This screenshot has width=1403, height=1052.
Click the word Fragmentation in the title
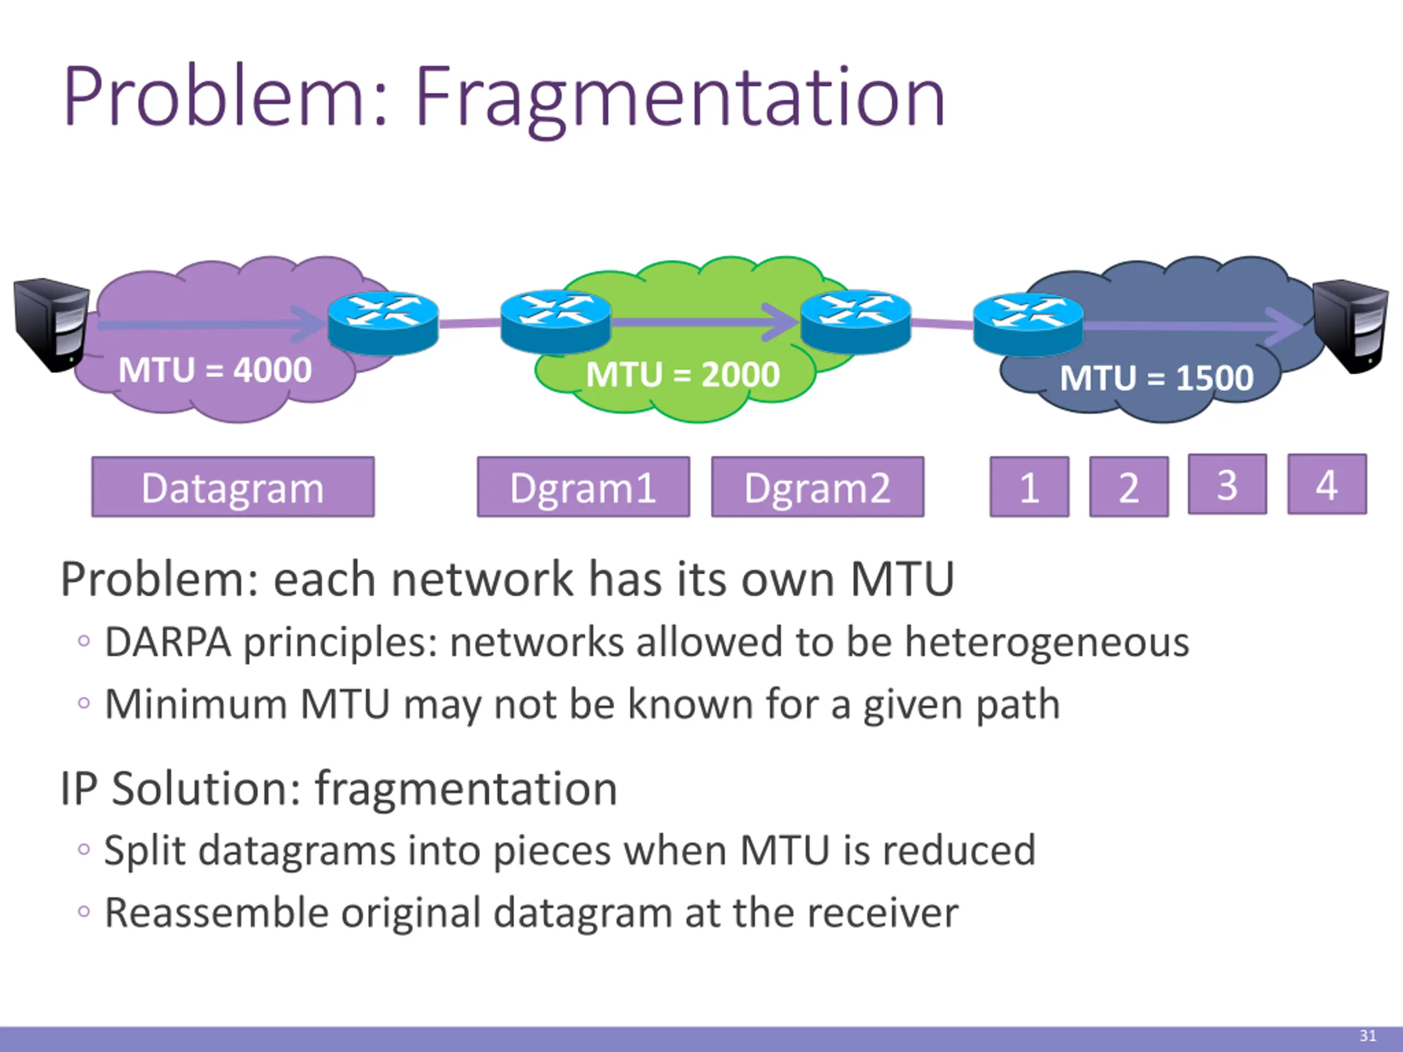click(680, 98)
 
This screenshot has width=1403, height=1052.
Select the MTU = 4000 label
click(215, 370)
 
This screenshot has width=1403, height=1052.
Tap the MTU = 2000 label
click(682, 374)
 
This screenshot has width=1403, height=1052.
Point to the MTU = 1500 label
click(1156, 378)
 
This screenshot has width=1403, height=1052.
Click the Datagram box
click(233, 487)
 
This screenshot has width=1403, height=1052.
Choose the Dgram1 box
click(583, 487)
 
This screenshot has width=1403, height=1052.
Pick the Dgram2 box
click(817, 487)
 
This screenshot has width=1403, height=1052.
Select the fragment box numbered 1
click(1029, 487)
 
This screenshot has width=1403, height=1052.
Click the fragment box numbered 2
click(1128, 487)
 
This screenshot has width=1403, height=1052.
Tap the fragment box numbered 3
click(1227, 484)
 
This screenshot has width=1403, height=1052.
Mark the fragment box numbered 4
click(1326, 484)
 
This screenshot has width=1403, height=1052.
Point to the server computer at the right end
click(1350, 326)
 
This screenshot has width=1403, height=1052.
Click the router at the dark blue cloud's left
click(1028, 325)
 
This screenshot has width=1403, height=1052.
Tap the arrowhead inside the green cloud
click(782, 322)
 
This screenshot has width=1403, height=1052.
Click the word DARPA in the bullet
click(168, 642)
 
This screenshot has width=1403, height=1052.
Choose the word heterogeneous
click(1047, 642)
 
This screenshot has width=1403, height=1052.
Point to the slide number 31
click(1367, 1036)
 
